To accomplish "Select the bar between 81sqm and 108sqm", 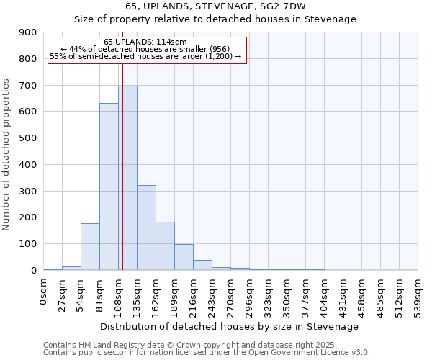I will point(109,186).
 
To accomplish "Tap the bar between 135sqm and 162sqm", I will point(146,228).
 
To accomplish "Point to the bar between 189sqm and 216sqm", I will point(184,257).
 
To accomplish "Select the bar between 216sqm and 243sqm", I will point(202,265).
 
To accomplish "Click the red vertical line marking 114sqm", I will point(122,166).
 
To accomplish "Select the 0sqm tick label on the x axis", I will point(44,292).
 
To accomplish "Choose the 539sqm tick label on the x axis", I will point(418,295).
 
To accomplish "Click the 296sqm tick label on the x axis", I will point(249,295).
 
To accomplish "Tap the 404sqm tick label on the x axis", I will point(324,295).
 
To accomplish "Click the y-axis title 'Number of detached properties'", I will point(7,152).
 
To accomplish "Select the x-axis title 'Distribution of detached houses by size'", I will point(230,326).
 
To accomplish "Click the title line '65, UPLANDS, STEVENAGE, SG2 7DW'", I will point(215,6).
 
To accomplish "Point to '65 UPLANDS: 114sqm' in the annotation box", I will point(146,42).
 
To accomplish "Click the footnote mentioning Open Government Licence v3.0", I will point(207,353).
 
